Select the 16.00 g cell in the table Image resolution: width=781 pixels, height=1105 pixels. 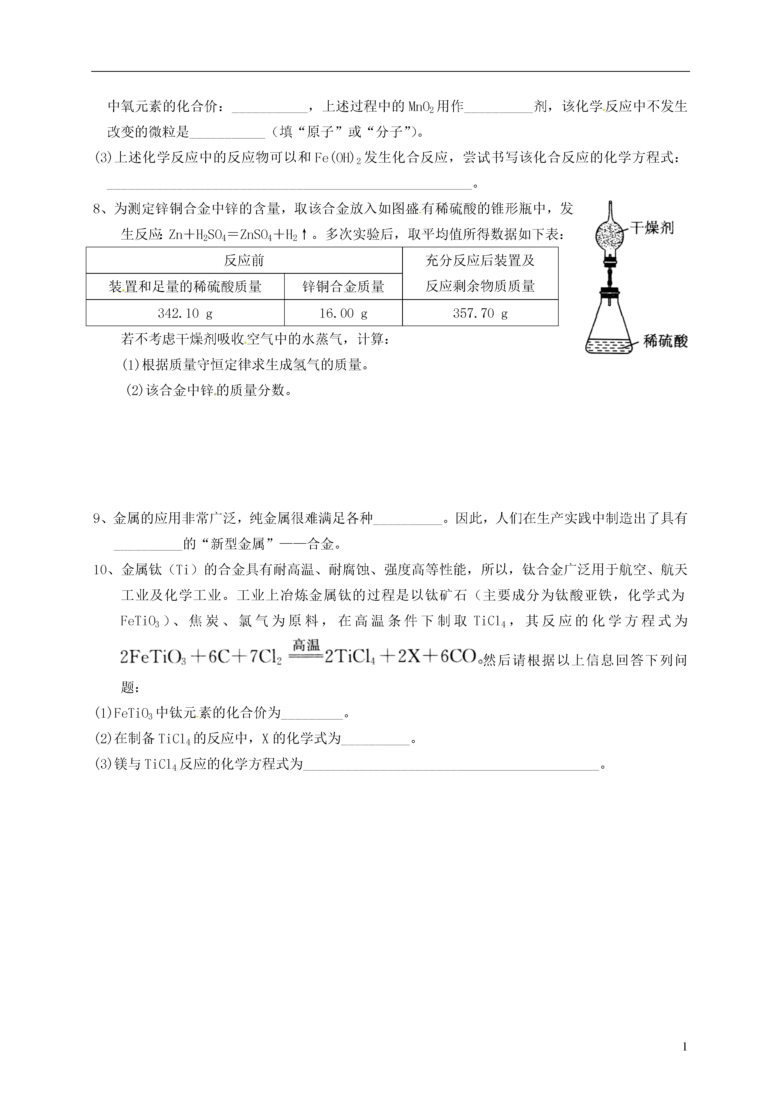(343, 313)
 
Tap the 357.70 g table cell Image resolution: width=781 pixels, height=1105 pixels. (480, 313)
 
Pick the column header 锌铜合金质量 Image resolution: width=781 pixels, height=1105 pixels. (343, 287)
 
